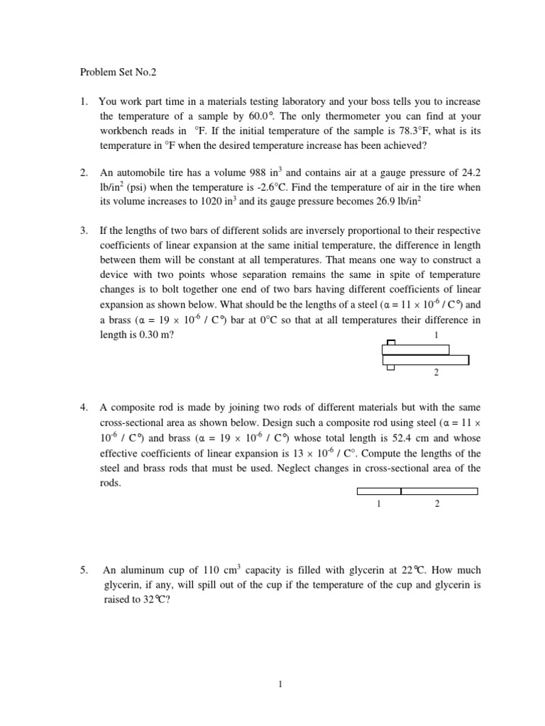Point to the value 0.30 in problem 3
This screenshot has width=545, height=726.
click(x=149, y=335)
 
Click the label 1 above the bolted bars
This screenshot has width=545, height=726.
click(x=436, y=335)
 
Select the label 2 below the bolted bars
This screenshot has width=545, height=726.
click(x=436, y=374)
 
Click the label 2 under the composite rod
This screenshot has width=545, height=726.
click(x=437, y=504)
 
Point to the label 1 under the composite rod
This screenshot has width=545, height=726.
click(x=379, y=504)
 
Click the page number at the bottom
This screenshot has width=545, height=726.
click(x=281, y=684)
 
